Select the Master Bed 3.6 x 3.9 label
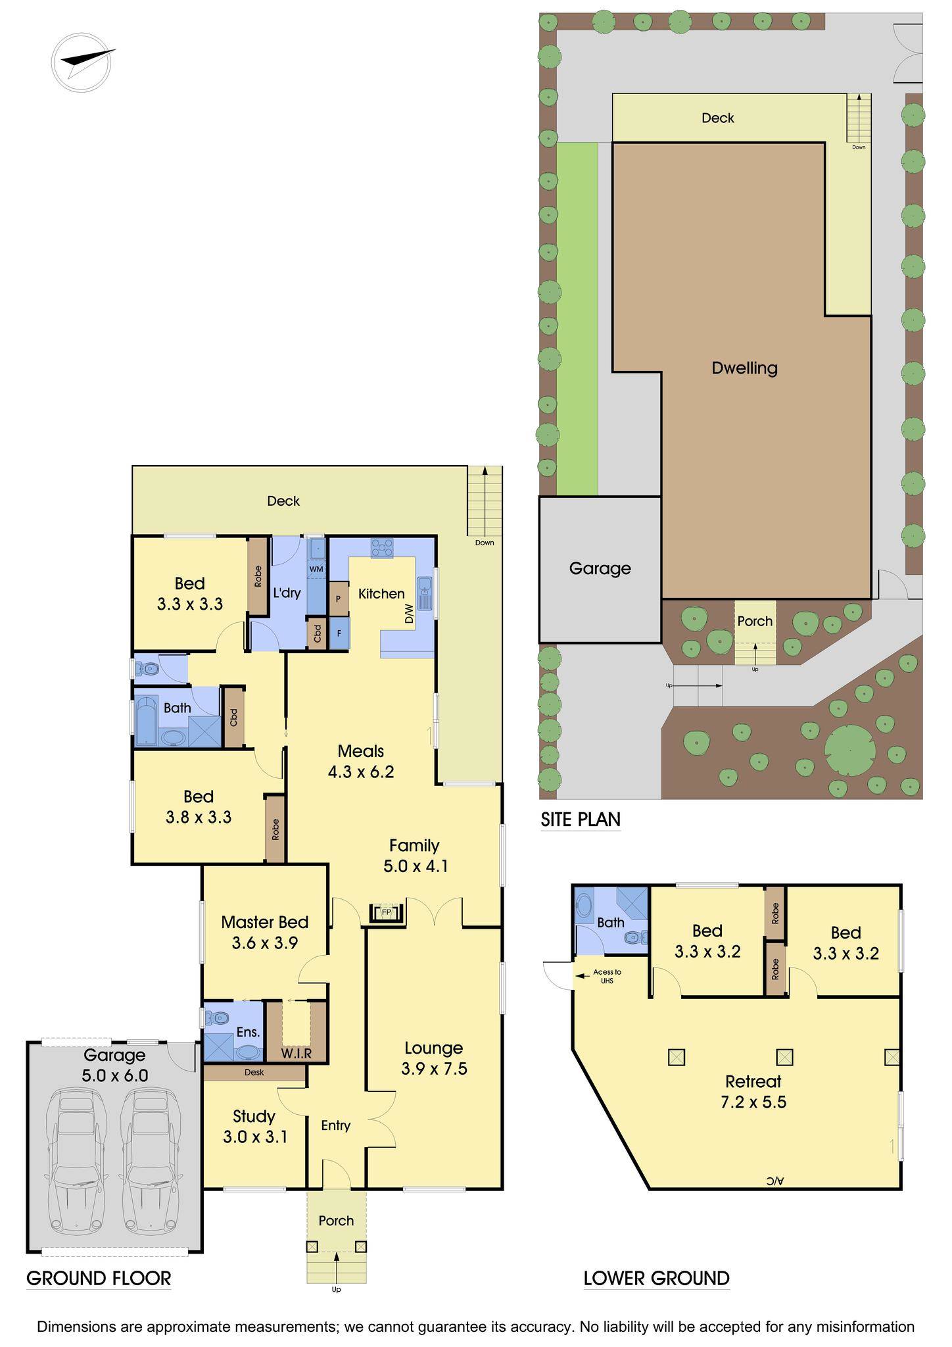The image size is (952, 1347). [264, 932]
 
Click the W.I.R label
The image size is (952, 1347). [296, 1053]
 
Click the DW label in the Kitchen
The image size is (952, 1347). [409, 614]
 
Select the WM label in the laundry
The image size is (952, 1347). [316, 568]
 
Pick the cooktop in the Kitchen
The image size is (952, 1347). [382, 547]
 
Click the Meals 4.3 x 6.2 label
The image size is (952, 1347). [361, 761]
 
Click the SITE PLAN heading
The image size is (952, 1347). [581, 820]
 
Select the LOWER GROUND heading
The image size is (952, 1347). [656, 1278]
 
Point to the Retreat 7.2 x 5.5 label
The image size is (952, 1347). [753, 1091]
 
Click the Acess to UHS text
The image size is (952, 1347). [606, 976]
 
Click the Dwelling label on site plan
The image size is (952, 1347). [744, 368]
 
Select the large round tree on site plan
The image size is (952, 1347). [850, 750]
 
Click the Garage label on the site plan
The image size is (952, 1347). [600, 568]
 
